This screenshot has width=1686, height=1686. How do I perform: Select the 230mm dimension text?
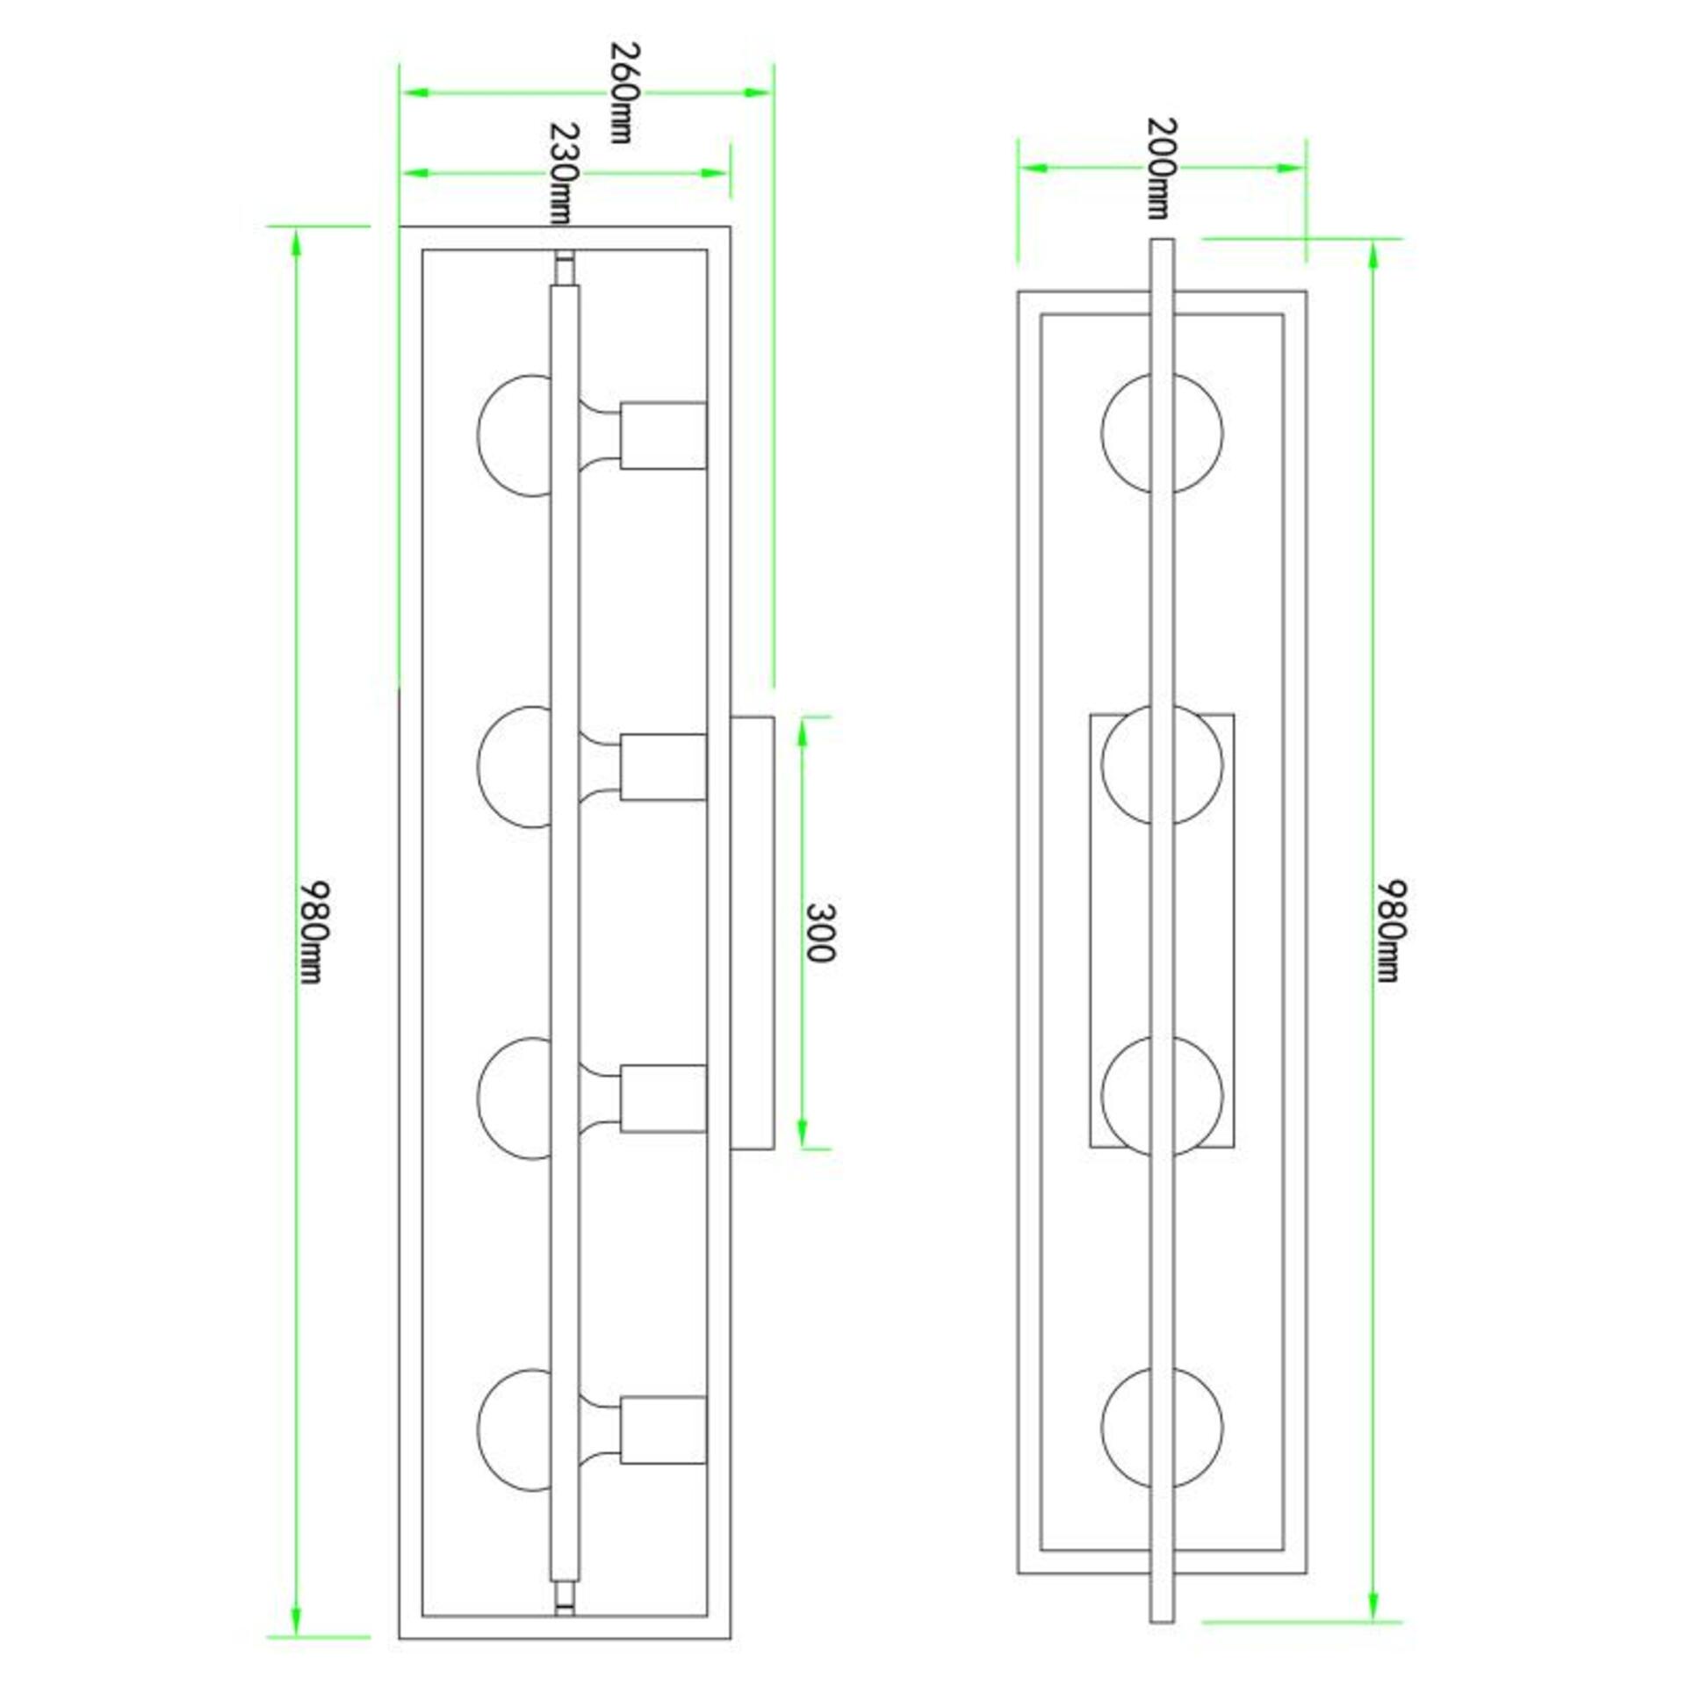point(565,173)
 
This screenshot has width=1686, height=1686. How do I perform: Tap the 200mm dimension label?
point(1159,168)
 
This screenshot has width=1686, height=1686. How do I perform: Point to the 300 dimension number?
point(818,933)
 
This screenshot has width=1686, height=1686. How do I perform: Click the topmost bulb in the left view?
point(515,436)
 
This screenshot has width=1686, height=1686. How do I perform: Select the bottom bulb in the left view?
point(515,1430)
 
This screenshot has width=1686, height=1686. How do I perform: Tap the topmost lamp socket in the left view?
point(663,436)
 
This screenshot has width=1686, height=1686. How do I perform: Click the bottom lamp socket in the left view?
point(663,1430)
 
